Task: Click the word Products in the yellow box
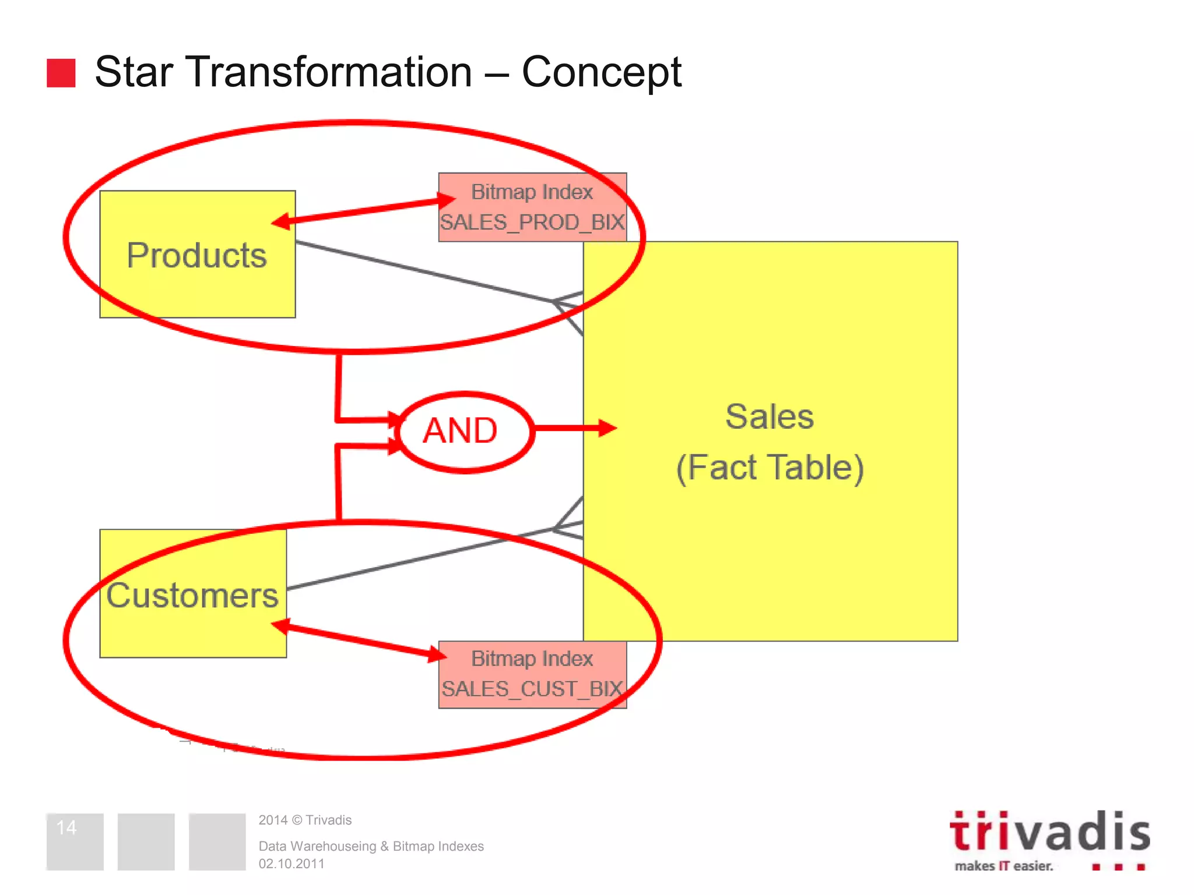(x=196, y=255)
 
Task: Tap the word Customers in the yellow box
(x=192, y=596)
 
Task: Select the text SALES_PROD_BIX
(x=532, y=223)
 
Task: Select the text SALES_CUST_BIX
(x=532, y=689)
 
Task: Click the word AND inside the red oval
(x=460, y=431)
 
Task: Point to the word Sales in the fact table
(x=769, y=417)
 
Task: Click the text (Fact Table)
(x=770, y=467)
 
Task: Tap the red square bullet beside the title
(x=61, y=73)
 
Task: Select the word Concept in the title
(x=601, y=72)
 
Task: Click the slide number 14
(x=66, y=827)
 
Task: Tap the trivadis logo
(x=1049, y=832)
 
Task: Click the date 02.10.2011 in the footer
(x=292, y=864)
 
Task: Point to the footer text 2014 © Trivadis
(x=305, y=820)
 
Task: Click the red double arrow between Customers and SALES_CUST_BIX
(x=359, y=640)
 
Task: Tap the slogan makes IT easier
(x=1004, y=866)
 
